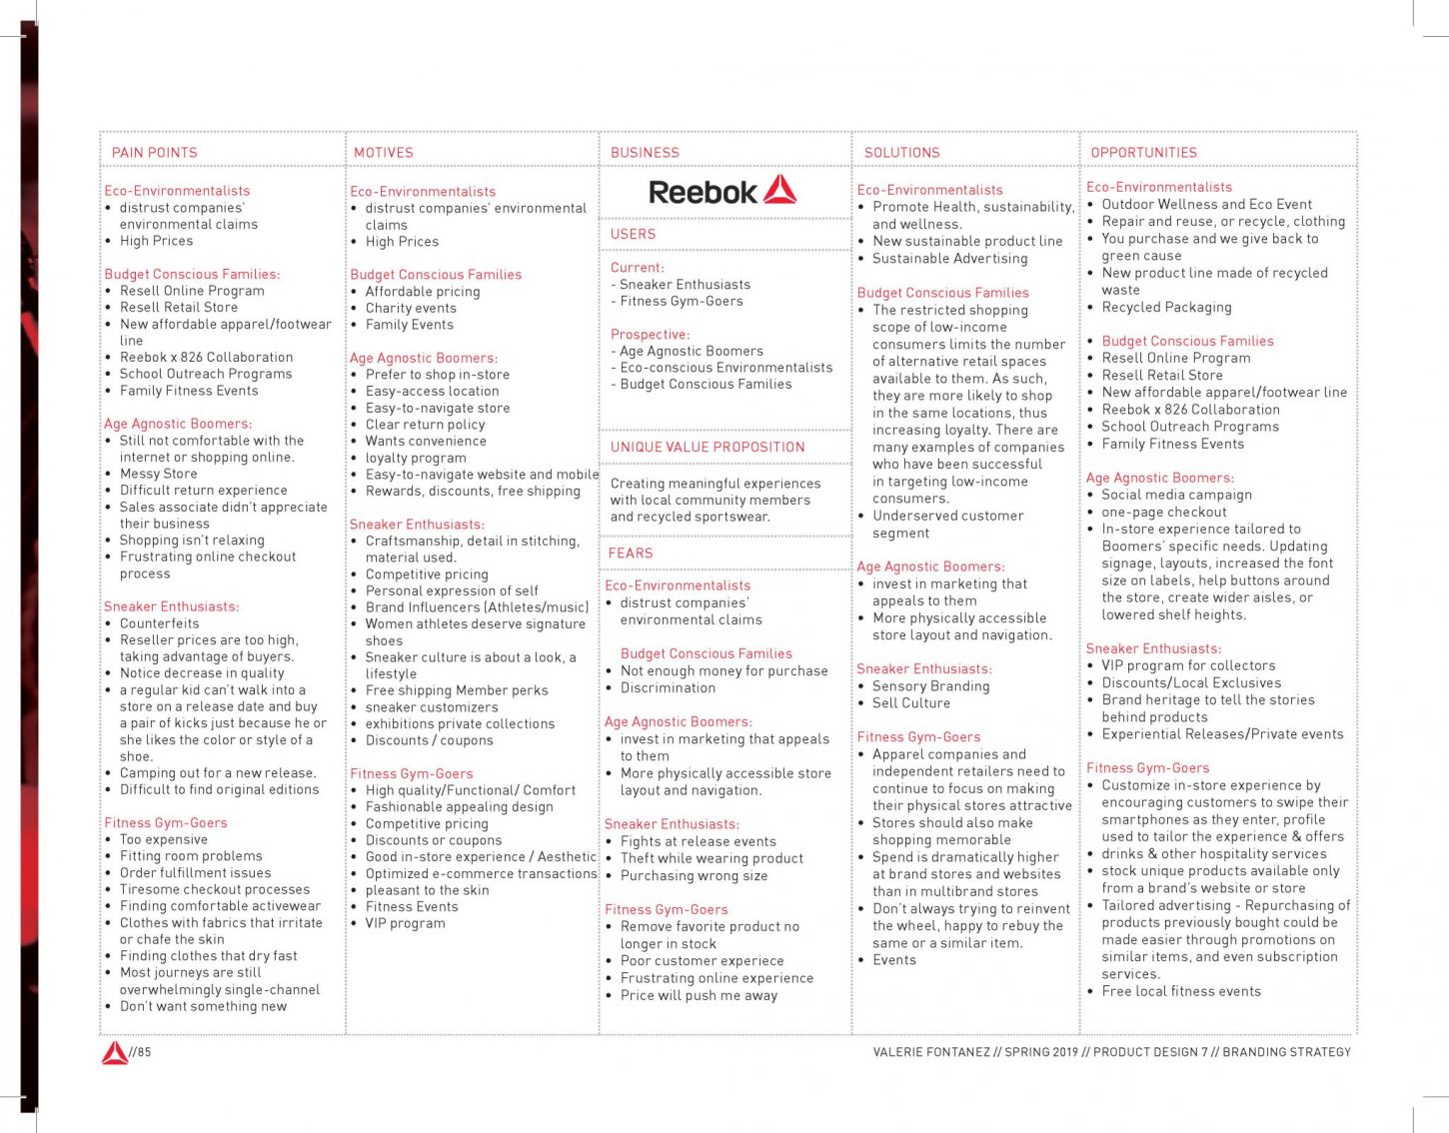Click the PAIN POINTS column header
154,153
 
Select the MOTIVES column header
383,153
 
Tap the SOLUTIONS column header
901,153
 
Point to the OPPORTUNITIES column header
1143,153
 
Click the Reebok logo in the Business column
722,191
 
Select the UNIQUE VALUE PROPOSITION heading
708,448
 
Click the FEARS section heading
631,554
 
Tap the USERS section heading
633,234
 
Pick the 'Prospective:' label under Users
650,335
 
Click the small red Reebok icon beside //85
114,1052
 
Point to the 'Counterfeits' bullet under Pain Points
159,623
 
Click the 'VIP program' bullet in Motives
405,923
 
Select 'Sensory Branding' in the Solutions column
930,686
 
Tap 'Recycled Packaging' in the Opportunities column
1166,308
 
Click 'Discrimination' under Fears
668,688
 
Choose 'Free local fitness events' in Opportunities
1181,992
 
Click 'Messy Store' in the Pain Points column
158,474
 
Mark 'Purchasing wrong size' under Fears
694,876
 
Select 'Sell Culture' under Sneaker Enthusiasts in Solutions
910,703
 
